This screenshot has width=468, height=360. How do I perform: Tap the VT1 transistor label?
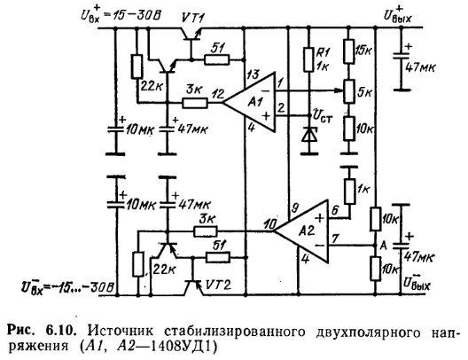pos(193,19)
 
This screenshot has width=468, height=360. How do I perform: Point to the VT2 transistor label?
pos(218,286)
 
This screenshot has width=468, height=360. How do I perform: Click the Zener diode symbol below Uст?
pos(309,136)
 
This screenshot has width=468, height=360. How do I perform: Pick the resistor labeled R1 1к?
pos(309,59)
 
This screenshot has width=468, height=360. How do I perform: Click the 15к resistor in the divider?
pos(349,51)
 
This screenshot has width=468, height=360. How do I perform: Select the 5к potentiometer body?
pos(349,91)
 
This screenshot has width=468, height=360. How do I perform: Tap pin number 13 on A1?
pos(253,74)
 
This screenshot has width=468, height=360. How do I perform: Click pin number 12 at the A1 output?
pos(218,94)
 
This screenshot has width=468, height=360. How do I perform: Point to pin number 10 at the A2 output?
pos(270,224)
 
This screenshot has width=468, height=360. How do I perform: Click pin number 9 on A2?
pos(295,208)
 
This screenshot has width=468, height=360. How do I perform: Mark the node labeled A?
pos(375,246)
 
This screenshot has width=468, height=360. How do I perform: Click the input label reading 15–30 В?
pos(137,15)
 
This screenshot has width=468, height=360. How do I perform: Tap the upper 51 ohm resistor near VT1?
pos(217,59)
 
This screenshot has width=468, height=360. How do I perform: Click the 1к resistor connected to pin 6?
pos(350,192)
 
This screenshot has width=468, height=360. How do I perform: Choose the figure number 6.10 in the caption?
pos(59,331)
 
